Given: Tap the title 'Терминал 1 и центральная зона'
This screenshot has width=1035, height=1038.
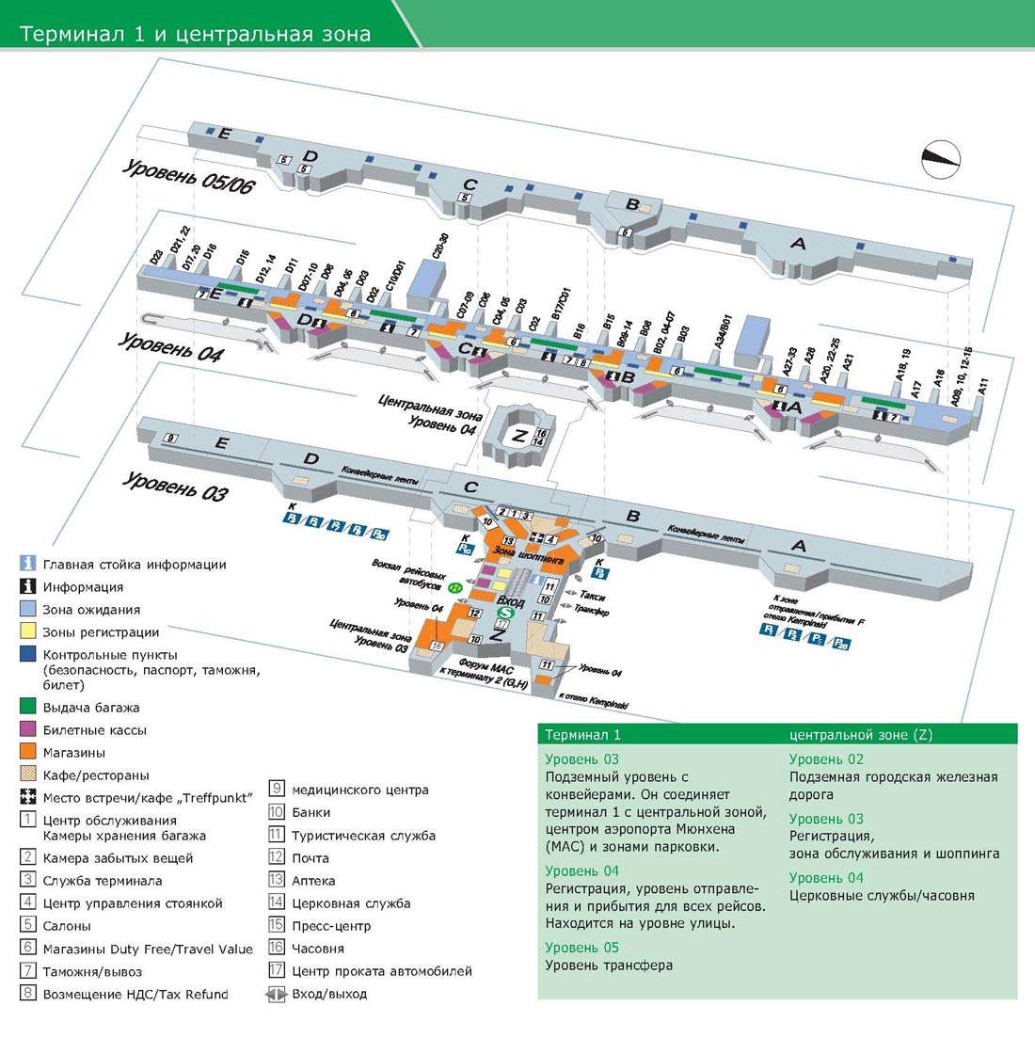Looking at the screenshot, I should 196,35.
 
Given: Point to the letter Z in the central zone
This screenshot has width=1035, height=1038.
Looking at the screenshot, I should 518,436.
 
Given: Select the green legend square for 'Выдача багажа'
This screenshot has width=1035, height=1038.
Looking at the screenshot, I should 28,707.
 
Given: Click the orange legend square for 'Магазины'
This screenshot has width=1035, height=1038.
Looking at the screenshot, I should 28,752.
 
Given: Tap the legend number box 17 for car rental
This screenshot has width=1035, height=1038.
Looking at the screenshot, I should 277,970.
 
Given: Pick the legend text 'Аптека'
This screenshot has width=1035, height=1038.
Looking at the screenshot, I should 313,880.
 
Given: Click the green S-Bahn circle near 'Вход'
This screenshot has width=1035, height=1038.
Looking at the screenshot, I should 503,613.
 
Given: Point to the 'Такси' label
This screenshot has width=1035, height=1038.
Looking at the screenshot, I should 593,596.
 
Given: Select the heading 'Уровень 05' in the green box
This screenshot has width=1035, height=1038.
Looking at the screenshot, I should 581,947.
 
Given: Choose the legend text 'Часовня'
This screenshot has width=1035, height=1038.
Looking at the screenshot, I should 318,948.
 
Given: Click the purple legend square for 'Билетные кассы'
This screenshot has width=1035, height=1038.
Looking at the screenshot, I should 28,729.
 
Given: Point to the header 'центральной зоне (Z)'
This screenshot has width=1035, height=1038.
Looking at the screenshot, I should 861,735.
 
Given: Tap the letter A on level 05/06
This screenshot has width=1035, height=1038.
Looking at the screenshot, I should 798,244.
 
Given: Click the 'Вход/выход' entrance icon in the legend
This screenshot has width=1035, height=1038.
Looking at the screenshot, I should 277,993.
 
